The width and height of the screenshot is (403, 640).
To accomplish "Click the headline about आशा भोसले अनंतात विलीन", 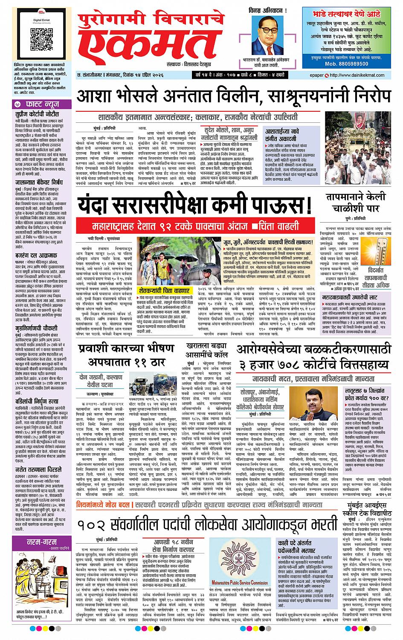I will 233,96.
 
